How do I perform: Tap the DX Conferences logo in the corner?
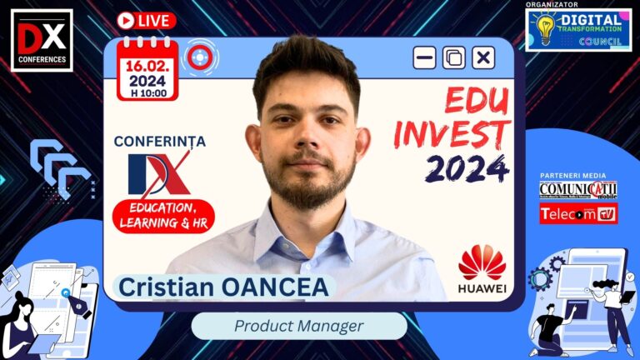tap(41, 39)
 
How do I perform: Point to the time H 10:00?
tap(147, 92)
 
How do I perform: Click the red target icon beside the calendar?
tap(199, 57)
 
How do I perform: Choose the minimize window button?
tap(425, 57)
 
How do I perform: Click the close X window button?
tap(483, 57)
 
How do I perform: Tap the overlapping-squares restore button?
tap(454, 57)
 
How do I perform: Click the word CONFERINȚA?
tap(159, 142)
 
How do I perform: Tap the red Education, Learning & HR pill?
tap(164, 213)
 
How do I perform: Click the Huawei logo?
tap(482, 268)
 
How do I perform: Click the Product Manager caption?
tap(299, 326)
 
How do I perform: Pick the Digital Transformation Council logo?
tap(578, 30)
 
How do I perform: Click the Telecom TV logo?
tap(578, 214)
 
